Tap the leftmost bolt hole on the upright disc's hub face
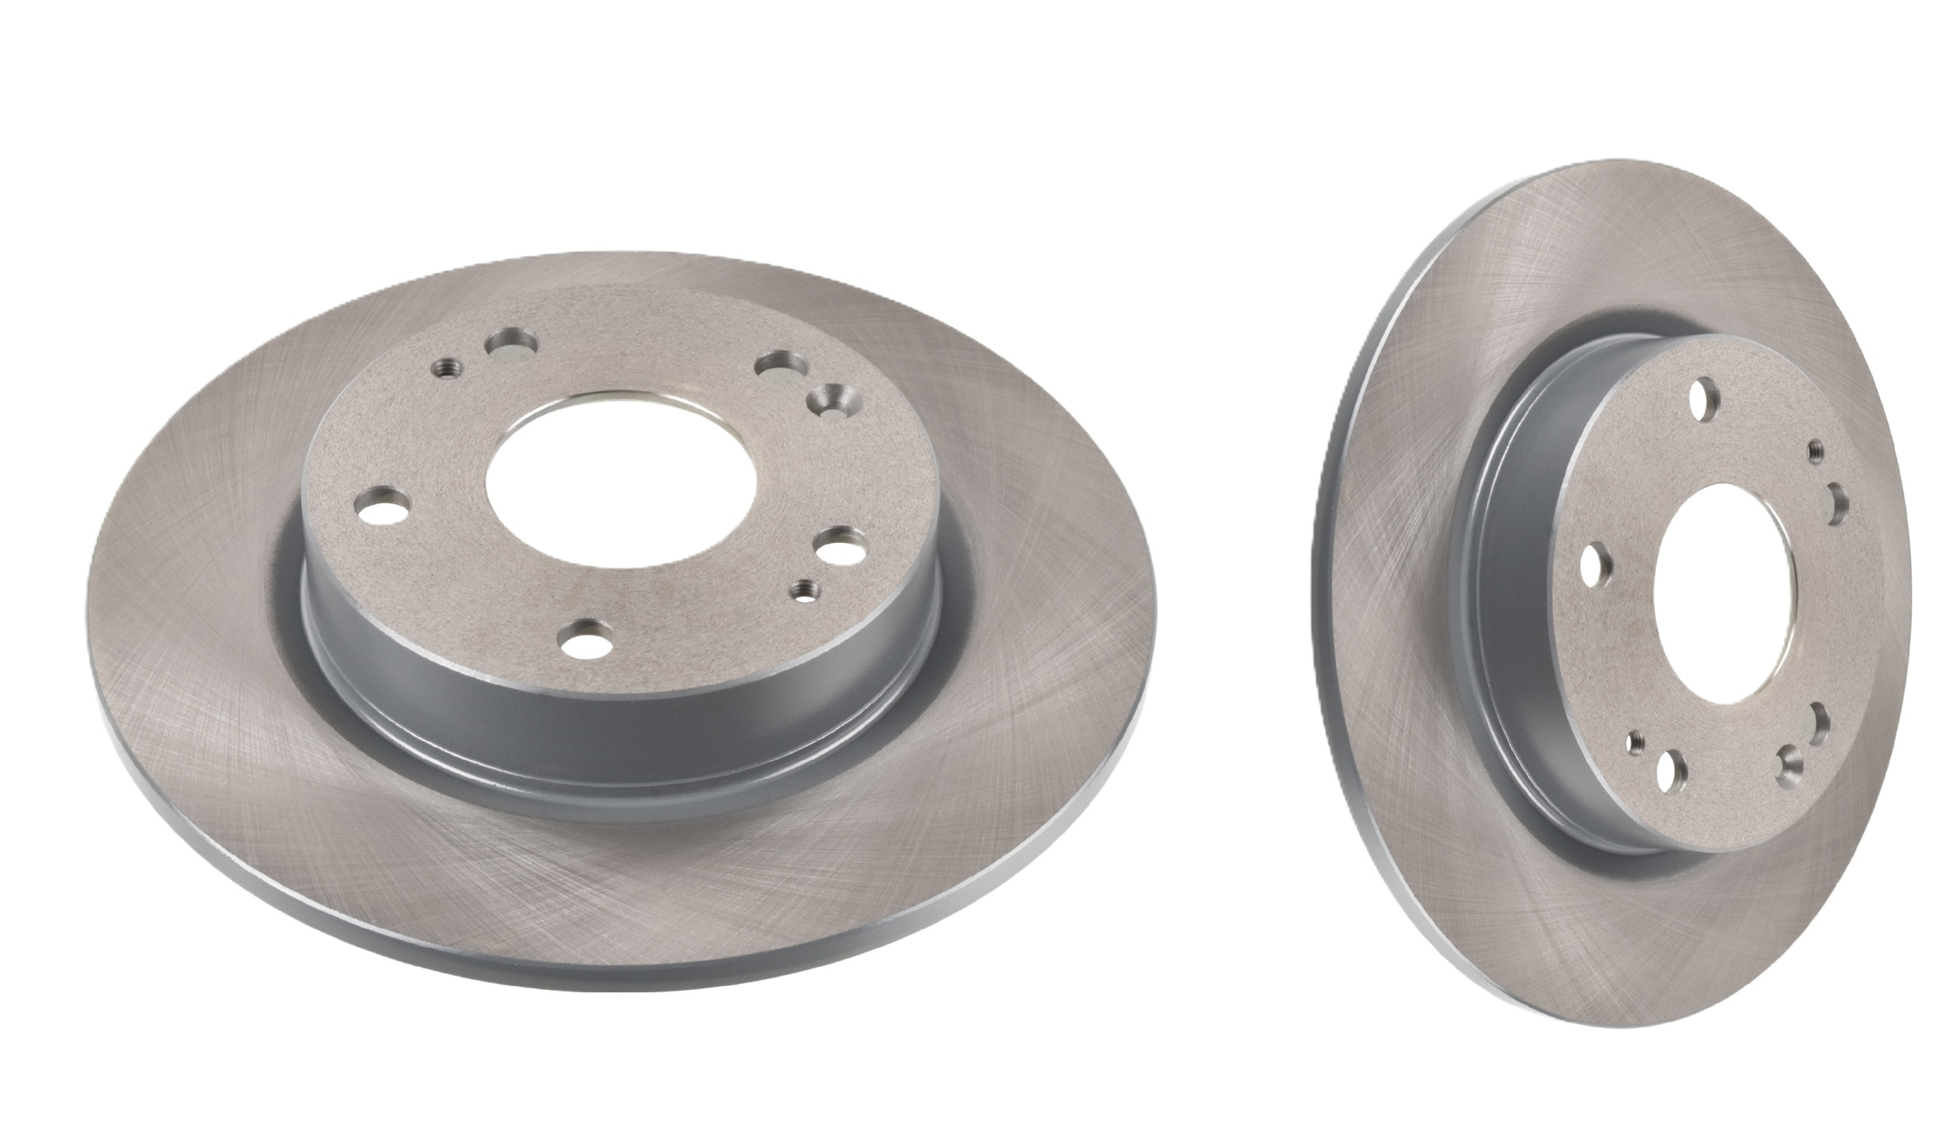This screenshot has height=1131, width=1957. (x=1598, y=564)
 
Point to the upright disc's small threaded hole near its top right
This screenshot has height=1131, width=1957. (x=1815, y=451)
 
